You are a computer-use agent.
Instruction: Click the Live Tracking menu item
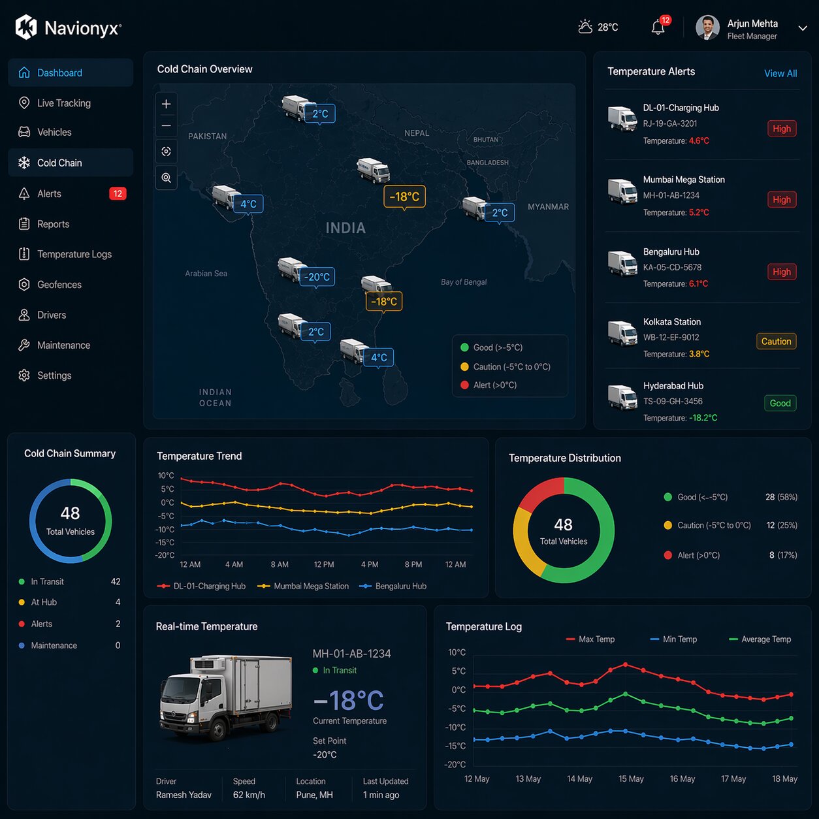(x=63, y=103)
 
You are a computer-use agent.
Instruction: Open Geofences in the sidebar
(x=59, y=285)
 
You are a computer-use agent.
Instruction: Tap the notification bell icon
(x=658, y=27)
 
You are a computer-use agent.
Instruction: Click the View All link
(x=780, y=73)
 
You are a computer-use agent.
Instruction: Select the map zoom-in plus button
(x=167, y=104)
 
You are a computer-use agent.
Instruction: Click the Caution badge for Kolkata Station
(x=776, y=341)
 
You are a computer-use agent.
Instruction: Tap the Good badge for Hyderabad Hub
(x=780, y=403)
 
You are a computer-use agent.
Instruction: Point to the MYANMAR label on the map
(x=548, y=206)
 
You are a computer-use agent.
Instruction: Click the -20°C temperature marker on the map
(x=317, y=277)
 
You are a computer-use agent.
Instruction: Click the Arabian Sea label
(x=206, y=274)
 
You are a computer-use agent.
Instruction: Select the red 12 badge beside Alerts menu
(x=118, y=193)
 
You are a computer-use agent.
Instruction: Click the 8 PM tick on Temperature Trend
(x=413, y=564)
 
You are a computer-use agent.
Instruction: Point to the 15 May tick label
(x=631, y=779)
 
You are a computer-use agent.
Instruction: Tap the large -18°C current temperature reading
(x=349, y=700)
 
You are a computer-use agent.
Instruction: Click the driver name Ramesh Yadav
(x=184, y=795)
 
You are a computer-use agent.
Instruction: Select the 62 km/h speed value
(x=249, y=795)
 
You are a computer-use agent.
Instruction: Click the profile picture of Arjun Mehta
(x=707, y=27)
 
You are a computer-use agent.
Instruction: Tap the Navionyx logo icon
(x=26, y=27)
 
